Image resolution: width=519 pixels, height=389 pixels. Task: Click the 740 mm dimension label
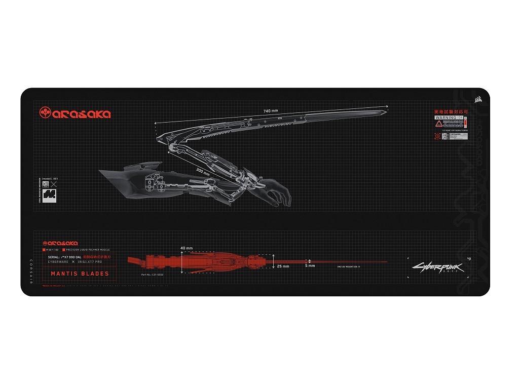[x=271, y=111]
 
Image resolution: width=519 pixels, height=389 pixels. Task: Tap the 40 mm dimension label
[x=186, y=248]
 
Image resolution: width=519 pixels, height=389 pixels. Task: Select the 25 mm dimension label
[x=283, y=266]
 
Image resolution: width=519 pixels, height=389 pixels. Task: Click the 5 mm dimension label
[x=310, y=265]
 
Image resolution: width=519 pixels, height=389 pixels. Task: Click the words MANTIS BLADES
[x=80, y=274]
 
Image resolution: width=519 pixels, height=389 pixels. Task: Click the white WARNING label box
[x=449, y=118]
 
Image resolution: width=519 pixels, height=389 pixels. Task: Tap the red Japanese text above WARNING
[x=451, y=111]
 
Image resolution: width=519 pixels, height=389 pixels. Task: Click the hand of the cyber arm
[x=276, y=193]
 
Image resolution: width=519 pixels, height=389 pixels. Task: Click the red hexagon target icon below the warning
[x=437, y=136]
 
